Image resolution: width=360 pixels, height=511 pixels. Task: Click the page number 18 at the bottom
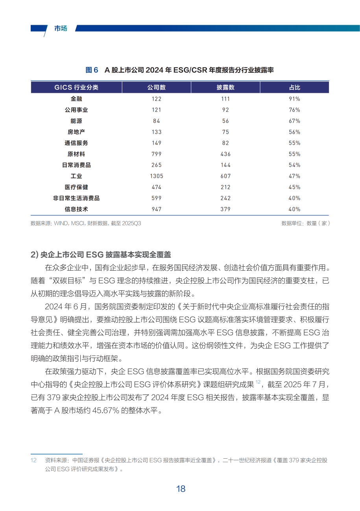point(181,489)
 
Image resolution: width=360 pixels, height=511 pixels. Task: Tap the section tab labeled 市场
point(61,28)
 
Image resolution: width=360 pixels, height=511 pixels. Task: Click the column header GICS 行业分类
point(76,87)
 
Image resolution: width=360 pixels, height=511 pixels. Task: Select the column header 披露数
point(225,87)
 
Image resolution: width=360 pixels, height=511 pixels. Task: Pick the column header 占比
point(294,87)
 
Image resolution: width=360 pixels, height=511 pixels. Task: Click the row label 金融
point(76,99)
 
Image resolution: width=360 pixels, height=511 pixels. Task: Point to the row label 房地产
point(76,132)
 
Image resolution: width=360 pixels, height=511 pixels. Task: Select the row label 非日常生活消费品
point(76,198)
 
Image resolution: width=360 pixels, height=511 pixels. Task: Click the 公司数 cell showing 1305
point(156,176)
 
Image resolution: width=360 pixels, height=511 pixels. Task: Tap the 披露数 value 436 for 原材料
point(225,154)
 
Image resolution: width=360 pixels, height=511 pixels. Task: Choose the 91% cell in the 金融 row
point(294,99)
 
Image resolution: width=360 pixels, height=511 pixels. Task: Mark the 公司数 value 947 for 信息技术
point(156,209)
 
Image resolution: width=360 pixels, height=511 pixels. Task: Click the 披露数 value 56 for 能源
point(225,121)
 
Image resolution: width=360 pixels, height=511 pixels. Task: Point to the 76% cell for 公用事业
point(294,110)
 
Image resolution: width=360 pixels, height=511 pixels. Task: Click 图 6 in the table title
point(92,70)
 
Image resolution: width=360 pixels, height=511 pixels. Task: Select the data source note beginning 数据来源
point(86,223)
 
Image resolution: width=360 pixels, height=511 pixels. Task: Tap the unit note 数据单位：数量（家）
point(305,223)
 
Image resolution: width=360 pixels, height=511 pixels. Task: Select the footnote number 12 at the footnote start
point(33,460)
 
